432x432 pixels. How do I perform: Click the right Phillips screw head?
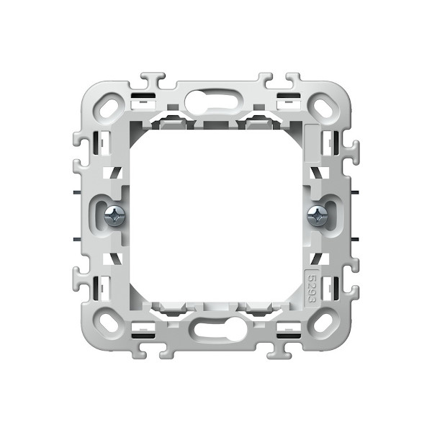(315, 212)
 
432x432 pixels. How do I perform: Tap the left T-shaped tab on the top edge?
(152, 78)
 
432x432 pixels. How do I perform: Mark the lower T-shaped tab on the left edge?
(78, 277)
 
